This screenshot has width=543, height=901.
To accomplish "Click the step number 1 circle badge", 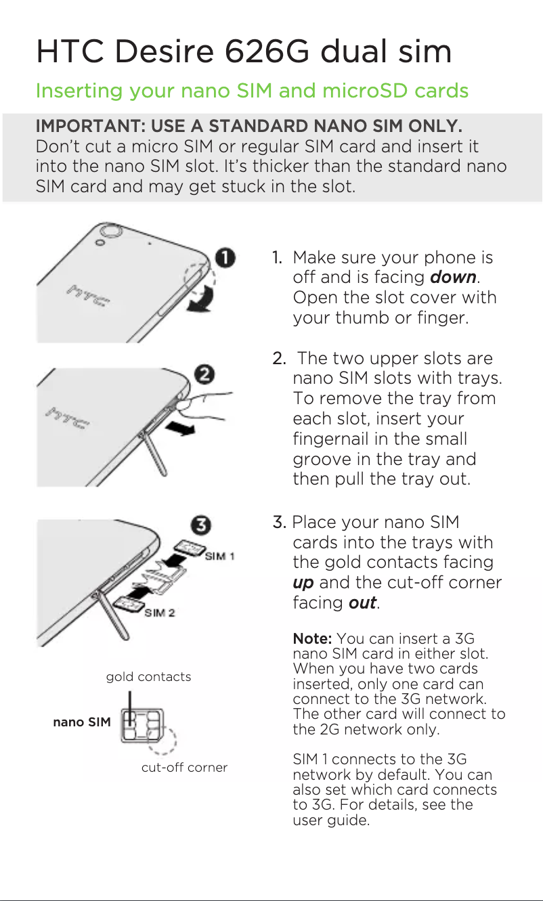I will pos(226,258).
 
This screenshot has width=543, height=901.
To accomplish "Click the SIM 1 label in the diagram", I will pos(219,556).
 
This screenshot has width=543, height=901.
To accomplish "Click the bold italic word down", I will pos(454,278).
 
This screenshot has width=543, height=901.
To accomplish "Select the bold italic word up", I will pos(303,583).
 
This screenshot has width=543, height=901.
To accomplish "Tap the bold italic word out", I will pos(362,603).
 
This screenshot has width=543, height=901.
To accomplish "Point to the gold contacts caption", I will pos(148,676).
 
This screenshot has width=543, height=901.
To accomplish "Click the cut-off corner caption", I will pos(184,768).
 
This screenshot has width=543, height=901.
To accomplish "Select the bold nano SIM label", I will pos(82,722).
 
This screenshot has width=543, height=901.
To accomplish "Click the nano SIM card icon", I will pos(142,728).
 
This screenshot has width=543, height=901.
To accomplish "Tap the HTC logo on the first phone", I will pos(89,296).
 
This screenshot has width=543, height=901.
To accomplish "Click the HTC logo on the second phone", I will pos(66,418).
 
